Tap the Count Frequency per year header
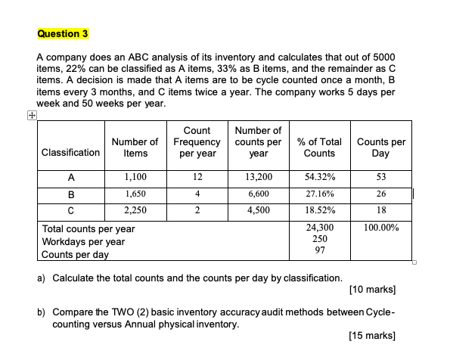click(x=197, y=141)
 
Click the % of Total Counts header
click(x=320, y=147)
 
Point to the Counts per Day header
click(x=381, y=147)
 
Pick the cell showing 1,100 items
click(x=135, y=176)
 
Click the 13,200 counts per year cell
click(x=258, y=176)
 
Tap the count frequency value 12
click(x=197, y=176)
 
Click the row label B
click(x=70, y=194)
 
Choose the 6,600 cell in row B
click(x=258, y=194)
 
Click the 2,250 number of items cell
click(x=135, y=210)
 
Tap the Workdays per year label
click(x=83, y=241)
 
